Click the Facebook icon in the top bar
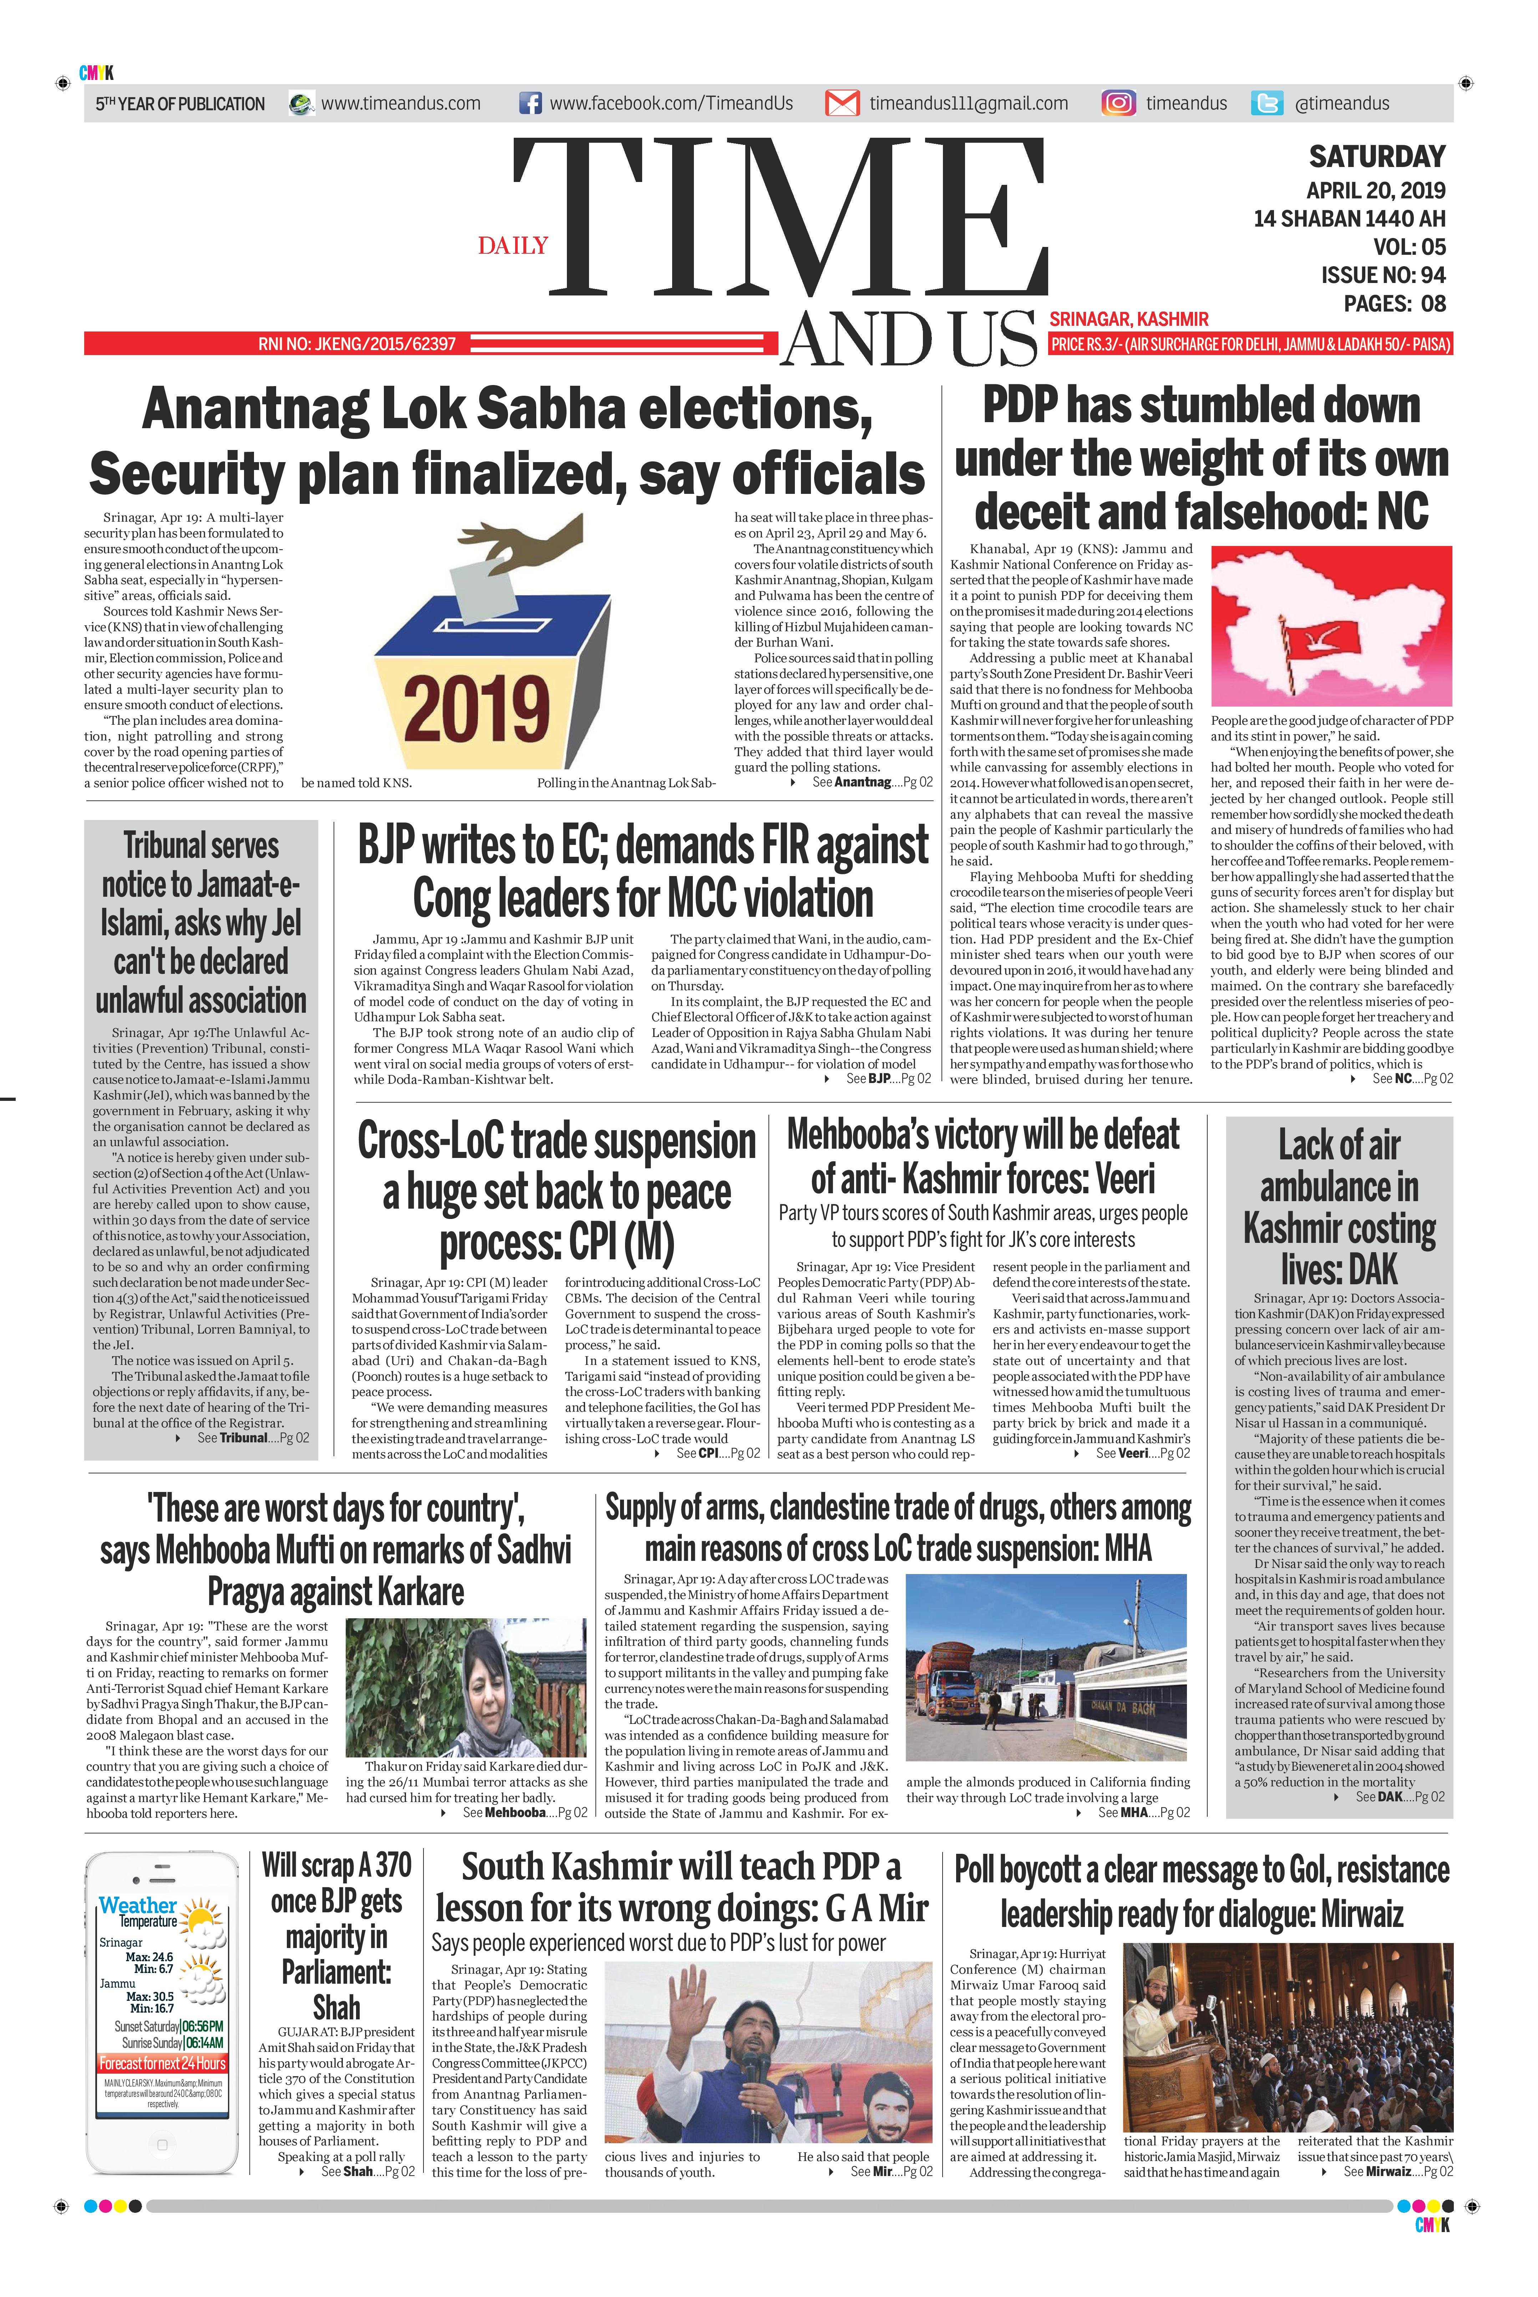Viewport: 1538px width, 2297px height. coord(530,103)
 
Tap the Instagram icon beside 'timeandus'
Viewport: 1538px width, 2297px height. coord(1118,103)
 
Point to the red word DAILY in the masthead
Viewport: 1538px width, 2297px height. coord(513,245)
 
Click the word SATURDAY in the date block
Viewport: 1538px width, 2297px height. coord(1377,157)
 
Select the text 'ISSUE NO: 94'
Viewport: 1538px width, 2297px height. coord(1383,275)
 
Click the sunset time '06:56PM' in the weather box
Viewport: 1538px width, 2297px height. coord(202,2026)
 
